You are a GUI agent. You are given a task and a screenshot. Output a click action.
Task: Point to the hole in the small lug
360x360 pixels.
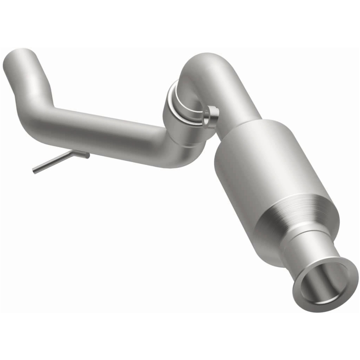208,120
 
